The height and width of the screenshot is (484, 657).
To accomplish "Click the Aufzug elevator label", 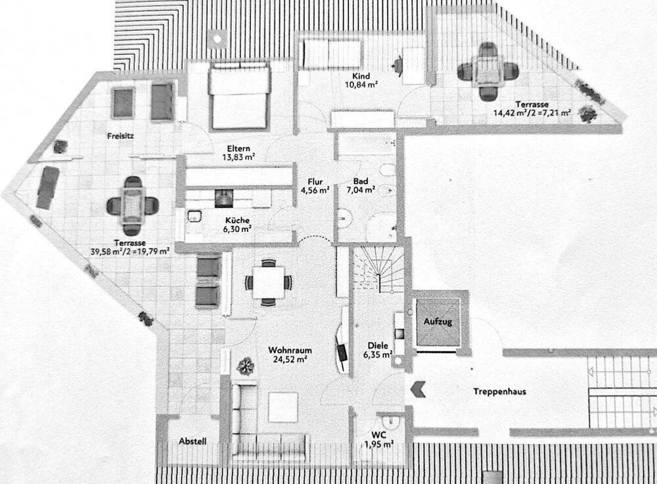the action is (438, 322).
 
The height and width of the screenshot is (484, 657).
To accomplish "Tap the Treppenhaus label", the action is (499, 392).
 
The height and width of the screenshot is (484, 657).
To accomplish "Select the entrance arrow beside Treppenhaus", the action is (419, 389).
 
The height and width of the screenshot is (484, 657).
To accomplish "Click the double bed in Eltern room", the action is (239, 95).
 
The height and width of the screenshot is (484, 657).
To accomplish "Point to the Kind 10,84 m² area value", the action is (361, 85).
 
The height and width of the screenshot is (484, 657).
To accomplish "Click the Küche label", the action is (237, 220).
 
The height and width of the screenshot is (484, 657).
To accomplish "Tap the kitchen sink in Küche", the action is (194, 216).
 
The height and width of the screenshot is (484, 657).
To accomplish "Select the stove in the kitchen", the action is (224, 198).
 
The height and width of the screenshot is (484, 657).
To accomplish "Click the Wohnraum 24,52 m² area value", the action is (290, 359).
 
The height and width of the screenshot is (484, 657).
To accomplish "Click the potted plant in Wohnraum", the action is (246, 366).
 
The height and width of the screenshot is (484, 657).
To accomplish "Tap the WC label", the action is (378, 435).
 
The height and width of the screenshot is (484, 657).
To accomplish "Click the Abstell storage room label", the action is (193, 441).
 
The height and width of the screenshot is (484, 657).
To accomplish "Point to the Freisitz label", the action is (120, 136).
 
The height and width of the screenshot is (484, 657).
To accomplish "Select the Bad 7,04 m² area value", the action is (360, 190).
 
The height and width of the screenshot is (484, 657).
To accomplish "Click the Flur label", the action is (315, 182).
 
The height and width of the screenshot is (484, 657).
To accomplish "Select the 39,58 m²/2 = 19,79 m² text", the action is (130, 252).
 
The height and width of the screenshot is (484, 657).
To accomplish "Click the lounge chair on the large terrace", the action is (47, 187).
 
